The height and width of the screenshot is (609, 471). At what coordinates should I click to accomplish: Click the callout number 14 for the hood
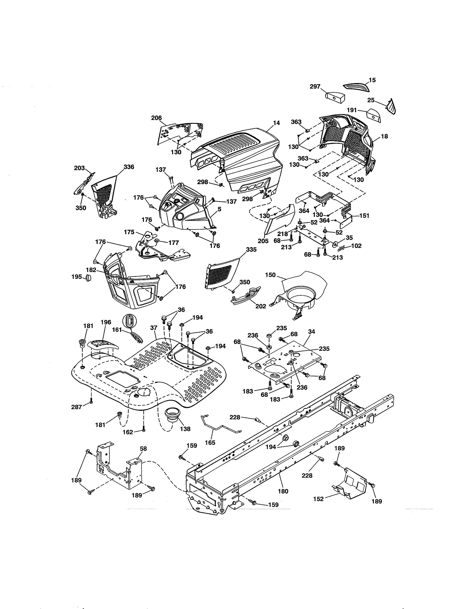pos(276,123)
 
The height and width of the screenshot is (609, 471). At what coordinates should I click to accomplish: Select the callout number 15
pos(372,80)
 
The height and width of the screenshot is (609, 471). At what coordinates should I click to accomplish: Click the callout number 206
pos(156,118)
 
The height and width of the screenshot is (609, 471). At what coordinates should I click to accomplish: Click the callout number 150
pos(270,275)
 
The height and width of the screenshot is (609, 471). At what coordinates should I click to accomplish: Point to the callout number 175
pos(129,232)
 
